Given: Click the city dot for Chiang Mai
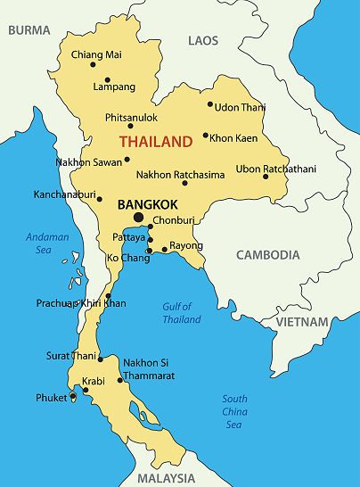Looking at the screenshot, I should [x=93, y=64].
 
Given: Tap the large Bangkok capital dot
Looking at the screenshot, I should [x=138, y=217].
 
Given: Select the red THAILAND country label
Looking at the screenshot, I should [x=156, y=142].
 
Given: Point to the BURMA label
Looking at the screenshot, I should [x=29, y=29].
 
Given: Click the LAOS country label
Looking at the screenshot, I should [x=203, y=40].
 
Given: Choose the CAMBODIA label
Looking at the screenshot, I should [x=267, y=255].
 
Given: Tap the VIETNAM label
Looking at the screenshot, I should [x=301, y=321].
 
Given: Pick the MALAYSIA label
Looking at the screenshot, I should [x=166, y=478].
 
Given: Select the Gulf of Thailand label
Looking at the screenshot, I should [x=182, y=313].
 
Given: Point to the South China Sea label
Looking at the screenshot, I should [x=234, y=411].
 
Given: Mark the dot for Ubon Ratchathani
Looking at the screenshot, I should [x=266, y=177].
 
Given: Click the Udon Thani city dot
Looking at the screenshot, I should [x=210, y=104].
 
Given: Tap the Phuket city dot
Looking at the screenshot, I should [x=72, y=398].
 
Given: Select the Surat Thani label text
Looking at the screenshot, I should [x=70, y=356].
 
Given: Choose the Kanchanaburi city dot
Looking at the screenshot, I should [x=99, y=199].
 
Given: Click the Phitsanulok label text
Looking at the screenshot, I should [x=131, y=117].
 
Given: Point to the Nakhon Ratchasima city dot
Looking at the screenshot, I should [x=184, y=183].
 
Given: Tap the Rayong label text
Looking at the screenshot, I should [x=186, y=245].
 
